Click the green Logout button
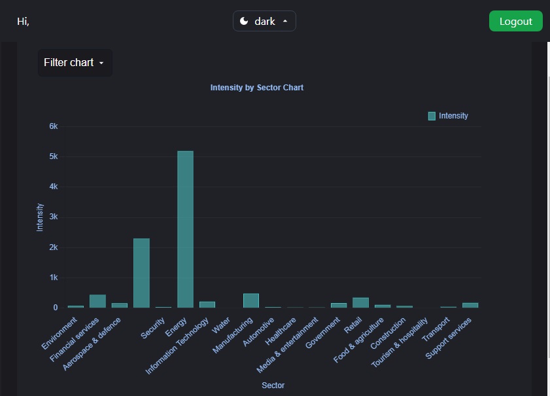point(515,21)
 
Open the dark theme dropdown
point(264,21)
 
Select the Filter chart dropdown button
point(75,63)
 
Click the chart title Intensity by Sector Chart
point(256,87)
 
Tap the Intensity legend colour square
point(432,116)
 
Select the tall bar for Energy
point(185,229)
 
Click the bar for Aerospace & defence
point(141,273)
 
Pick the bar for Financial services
point(97,301)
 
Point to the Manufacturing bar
point(251,300)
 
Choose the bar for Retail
point(361,302)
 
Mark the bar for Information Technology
point(207,304)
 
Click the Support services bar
point(470,305)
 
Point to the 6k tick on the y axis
point(54,126)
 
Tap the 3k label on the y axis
point(54,217)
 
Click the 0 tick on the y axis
point(56,308)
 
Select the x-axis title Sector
point(273,386)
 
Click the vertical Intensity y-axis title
point(40,217)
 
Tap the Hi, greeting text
point(24,22)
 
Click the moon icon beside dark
point(244,21)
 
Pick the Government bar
point(339,305)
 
